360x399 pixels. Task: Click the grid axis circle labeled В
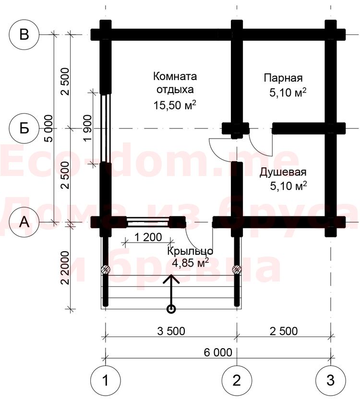pyautogui.click(x=24, y=35)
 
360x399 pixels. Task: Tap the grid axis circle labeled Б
pyautogui.click(x=24, y=129)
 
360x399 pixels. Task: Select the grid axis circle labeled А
pyautogui.click(x=24, y=222)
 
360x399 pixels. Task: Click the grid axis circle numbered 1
pyautogui.click(x=106, y=380)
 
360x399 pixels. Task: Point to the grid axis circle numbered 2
pyautogui.click(x=237, y=380)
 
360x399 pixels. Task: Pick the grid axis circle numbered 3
pyautogui.click(x=330, y=380)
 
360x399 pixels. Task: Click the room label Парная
pyautogui.click(x=283, y=78)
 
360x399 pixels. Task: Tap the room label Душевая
pyautogui.click(x=283, y=172)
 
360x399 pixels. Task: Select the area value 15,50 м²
pyautogui.click(x=175, y=105)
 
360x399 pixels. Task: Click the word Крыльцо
pyautogui.click(x=190, y=251)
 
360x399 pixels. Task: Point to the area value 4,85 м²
pyautogui.click(x=191, y=262)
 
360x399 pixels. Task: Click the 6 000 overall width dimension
pyautogui.click(x=218, y=352)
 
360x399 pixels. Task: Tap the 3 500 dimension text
pyautogui.click(x=171, y=331)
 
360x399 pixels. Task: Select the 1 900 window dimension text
pyautogui.click(x=88, y=128)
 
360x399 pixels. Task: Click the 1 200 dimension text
pyautogui.click(x=148, y=237)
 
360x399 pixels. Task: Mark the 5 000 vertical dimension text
pyautogui.click(x=49, y=129)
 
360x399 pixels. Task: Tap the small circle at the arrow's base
pyautogui.click(x=171, y=309)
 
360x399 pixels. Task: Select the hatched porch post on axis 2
pyautogui.click(x=237, y=270)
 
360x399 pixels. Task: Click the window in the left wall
pyautogui.click(x=106, y=128)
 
